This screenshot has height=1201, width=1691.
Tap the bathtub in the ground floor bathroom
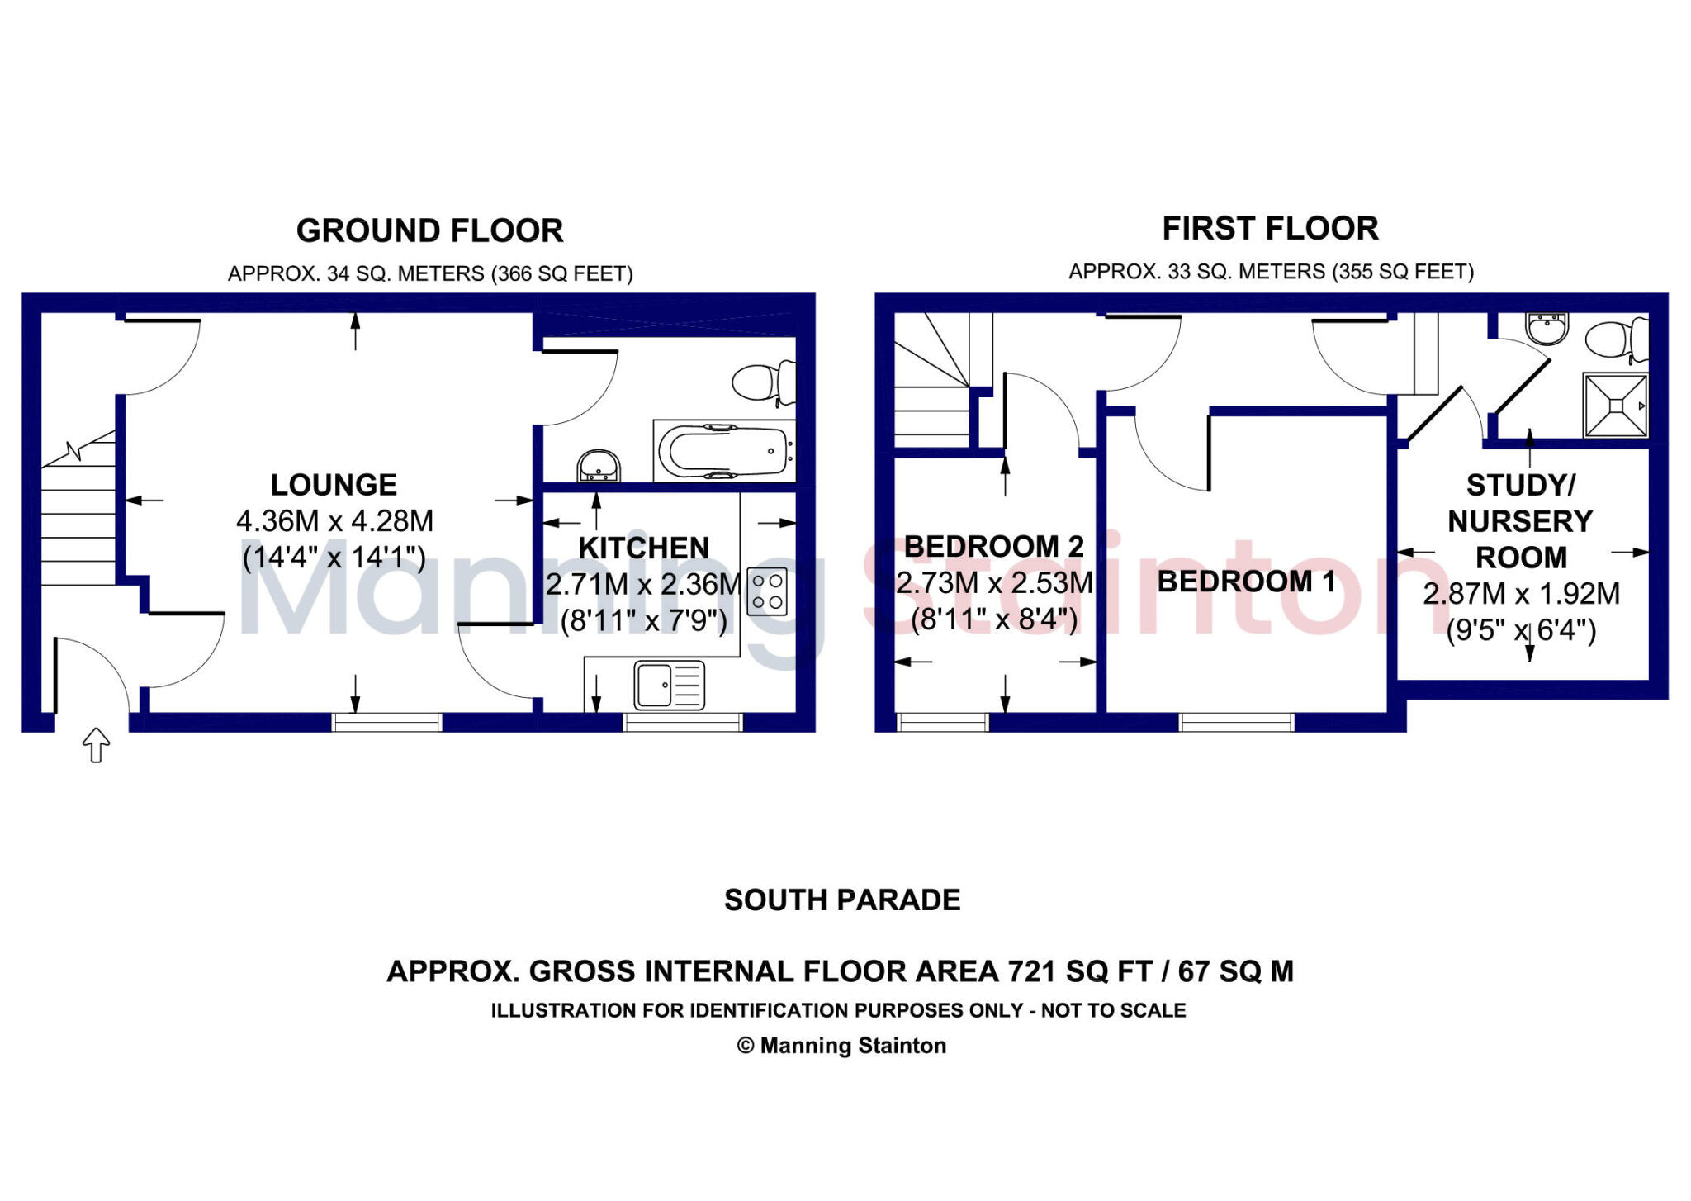724,452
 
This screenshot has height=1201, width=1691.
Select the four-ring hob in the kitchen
767,591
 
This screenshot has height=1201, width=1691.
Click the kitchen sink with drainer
669,685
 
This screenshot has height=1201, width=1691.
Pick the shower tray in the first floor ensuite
1615,406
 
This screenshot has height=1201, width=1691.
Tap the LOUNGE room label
334,484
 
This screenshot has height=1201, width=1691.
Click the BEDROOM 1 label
1246,582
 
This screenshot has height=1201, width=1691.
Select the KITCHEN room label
643,548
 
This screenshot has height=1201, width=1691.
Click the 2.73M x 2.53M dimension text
994,583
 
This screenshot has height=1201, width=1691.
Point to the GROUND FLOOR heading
429,230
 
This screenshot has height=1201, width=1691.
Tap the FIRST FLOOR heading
1270,229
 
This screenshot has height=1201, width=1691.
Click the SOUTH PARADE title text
842,900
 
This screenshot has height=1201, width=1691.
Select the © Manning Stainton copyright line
841,1046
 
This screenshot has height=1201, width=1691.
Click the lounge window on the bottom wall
386,723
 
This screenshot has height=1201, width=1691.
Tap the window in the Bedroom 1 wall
1236,723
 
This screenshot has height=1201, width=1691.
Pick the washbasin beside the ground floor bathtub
598,466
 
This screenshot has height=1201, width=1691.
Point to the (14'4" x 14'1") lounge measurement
334,558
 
